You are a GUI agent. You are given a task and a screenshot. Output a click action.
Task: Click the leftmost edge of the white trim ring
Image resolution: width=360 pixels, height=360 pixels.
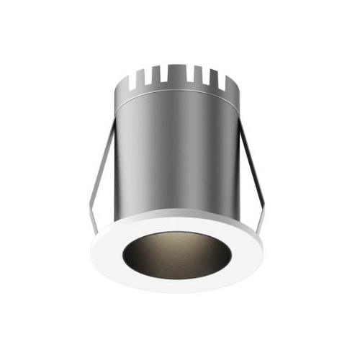[x=91, y=248]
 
